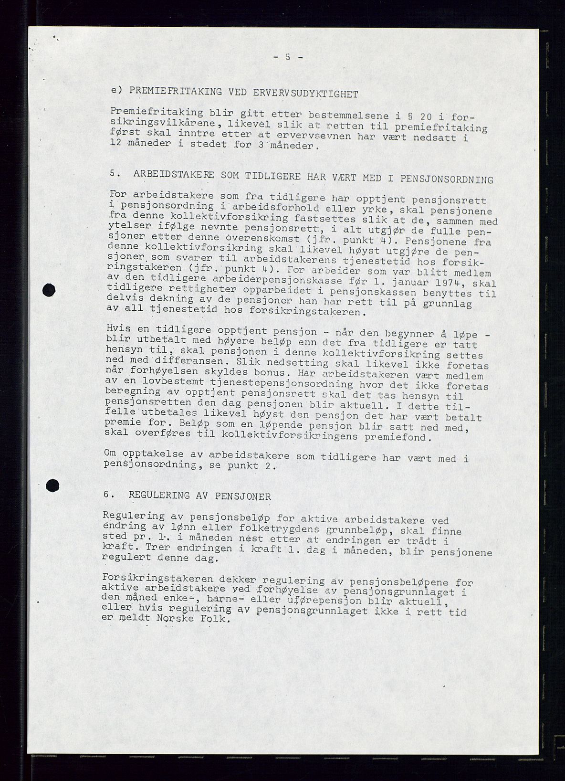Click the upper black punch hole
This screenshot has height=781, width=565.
(x=49, y=290)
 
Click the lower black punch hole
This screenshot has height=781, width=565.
(x=52, y=485)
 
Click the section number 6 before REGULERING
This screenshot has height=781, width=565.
(x=106, y=495)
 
